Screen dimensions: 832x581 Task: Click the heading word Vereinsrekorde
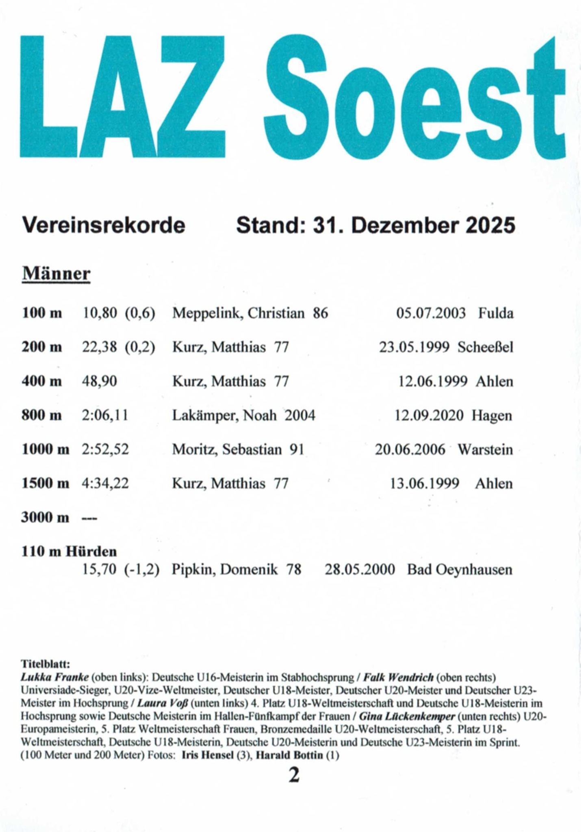pos(104,225)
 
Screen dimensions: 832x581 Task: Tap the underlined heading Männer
pos(56,273)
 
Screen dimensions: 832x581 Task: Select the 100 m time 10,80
pos(100,313)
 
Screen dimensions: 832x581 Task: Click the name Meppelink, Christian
pos(238,313)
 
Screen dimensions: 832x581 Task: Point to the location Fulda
pos(496,313)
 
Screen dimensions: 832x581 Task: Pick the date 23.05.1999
pos(414,347)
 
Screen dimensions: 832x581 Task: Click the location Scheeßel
pos(486,347)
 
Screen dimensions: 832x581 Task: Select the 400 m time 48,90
pos(100,381)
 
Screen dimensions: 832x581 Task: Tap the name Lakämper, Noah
pos(224,415)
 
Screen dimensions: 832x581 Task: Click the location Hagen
pos(492,415)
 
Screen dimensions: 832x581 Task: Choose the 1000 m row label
pos(45,449)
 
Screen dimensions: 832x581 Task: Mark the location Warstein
pos(485,449)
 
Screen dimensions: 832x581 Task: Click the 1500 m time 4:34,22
pos(105,483)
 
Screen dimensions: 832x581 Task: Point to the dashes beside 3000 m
pos(89,518)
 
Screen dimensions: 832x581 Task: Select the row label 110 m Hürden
pos(69,552)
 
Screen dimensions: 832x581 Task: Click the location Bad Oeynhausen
pos(460,570)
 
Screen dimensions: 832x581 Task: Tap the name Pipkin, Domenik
pos(225,570)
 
